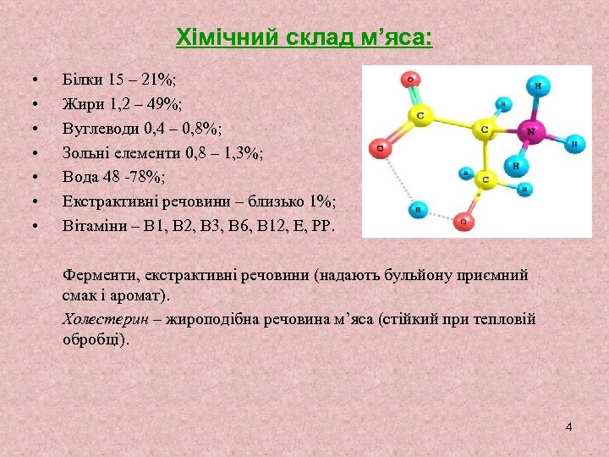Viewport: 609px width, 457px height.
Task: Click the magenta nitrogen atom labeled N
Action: pos(531,132)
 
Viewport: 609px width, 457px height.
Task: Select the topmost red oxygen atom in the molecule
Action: pos(411,80)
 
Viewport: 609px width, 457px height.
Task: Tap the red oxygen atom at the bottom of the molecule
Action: pos(462,222)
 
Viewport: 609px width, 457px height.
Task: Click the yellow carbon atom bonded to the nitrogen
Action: pos(485,129)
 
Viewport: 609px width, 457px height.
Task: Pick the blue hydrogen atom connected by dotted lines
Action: pos(418,209)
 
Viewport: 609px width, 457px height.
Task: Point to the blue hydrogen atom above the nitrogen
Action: pos(536,85)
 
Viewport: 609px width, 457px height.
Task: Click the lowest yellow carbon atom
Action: pos(486,180)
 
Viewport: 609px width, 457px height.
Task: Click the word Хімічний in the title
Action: pos(212,38)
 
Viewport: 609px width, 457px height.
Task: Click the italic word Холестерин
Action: pos(106,319)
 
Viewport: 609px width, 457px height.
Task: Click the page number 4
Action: pos(568,427)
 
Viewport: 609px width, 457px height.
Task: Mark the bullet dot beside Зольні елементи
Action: pos(35,153)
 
